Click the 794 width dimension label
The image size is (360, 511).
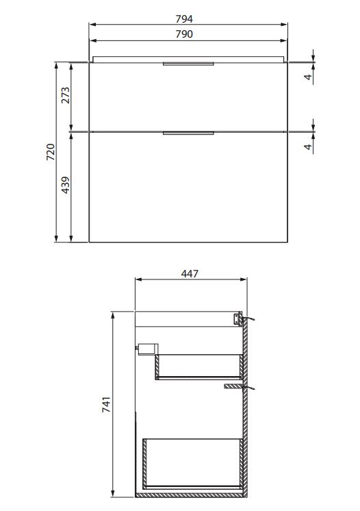tap(184, 19)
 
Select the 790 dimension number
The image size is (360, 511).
tap(184, 34)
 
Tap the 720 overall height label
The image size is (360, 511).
tap(51, 151)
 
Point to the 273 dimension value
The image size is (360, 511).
tap(66, 95)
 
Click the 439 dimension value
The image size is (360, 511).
tap(66, 185)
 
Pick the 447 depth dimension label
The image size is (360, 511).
tap(190, 273)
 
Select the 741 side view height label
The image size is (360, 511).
tap(107, 404)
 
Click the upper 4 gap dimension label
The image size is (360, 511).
tap(308, 77)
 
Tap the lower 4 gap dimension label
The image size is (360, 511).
tap(308, 147)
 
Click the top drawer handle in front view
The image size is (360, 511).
tap(188, 64)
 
